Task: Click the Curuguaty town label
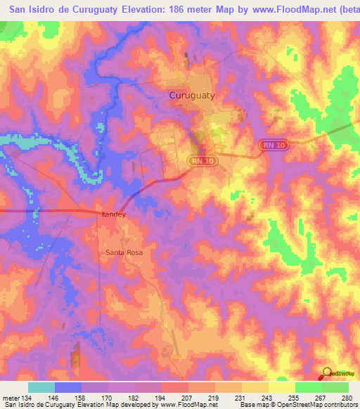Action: click(x=192, y=93)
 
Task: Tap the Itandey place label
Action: click(x=113, y=214)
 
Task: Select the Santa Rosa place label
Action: click(x=124, y=252)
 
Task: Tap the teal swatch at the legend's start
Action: click(x=41, y=387)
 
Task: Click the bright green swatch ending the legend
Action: click(x=335, y=387)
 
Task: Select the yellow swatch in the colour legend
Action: click(x=282, y=387)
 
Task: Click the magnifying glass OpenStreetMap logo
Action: click(x=327, y=374)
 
